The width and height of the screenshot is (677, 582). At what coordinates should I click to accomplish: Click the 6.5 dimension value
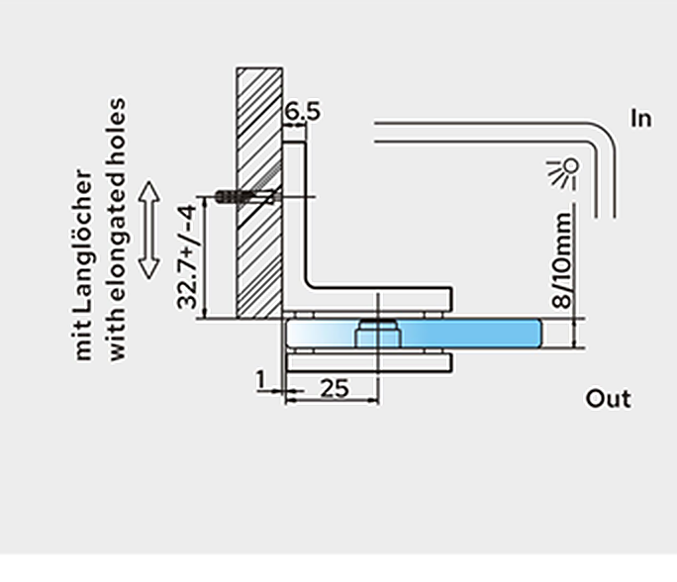coord(303,112)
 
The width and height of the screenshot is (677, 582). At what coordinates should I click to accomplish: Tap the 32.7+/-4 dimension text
coord(187,256)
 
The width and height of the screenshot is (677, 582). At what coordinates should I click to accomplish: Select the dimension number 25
coord(335,388)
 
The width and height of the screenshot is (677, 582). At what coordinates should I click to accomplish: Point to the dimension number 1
coord(260,380)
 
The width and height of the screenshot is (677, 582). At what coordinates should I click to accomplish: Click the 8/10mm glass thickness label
coord(562,260)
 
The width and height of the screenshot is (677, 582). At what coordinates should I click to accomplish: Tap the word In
coord(640,119)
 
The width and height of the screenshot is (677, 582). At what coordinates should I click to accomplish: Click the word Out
coord(609,398)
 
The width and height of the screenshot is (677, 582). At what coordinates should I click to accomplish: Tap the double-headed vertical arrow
coord(149,230)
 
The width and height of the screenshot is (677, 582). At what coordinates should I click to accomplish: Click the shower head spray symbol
coord(563,172)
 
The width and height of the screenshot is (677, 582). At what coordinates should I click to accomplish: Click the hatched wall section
coord(259,193)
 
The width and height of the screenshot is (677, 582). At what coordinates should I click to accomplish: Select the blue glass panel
coord(414,333)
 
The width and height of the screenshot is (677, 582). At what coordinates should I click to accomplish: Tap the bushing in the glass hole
coord(378,334)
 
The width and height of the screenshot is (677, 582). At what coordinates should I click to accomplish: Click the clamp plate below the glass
coord(369,362)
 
